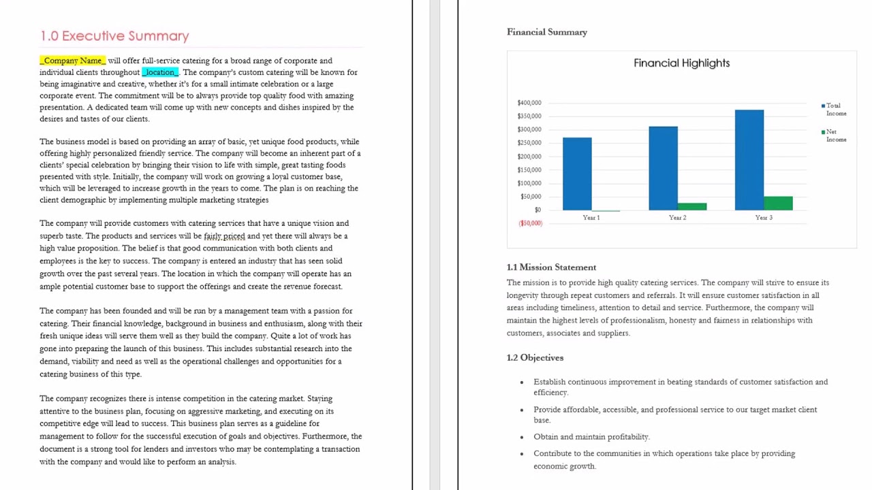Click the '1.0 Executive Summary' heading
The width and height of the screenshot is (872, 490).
[x=114, y=36]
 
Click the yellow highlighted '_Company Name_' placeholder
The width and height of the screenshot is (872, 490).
[x=72, y=61]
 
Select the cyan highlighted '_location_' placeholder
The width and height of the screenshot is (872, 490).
[x=160, y=72]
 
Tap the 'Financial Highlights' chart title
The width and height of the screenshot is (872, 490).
[x=681, y=63]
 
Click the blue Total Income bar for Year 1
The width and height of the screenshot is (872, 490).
[x=577, y=174]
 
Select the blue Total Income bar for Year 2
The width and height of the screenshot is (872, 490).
[x=663, y=168]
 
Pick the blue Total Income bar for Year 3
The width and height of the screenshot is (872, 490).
[x=749, y=160]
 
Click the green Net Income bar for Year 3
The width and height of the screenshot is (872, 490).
[x=778, y=203]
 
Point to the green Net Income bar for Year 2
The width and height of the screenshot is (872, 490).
[x=692, y=206]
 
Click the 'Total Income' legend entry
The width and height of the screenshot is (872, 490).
[x=835, y=110]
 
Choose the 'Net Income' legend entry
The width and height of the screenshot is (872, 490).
[x=835, y=135]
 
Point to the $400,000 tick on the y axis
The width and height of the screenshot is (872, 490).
[x=529, y=103]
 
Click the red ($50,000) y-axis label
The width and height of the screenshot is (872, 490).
[x=530, y=223]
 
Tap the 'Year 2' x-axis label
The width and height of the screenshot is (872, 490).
[x=677, y=218]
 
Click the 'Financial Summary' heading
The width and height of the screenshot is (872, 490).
[x=546, y=32]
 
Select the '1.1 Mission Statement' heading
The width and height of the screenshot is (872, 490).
[x=551, y=267]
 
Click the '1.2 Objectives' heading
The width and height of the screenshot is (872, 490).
[x=535, y=357]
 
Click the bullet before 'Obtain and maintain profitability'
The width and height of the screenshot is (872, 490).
[x=522, y=437]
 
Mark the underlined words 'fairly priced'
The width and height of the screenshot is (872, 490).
[x=224, y=236]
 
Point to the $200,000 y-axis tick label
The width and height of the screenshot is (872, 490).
[x=529, y=157]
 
